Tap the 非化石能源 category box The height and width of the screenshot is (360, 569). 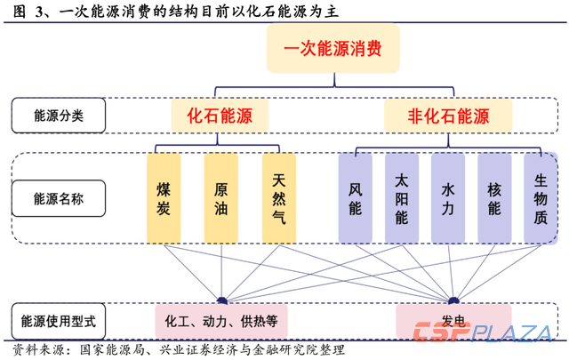pyautogui.click(x=448, y=116)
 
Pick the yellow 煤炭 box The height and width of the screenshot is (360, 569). pyautogui.click(x=164, y=198)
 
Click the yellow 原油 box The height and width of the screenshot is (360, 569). pyautogui.click(x=220, y=198)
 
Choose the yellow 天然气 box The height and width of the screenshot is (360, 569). pyautogui.click(x=278, y=198)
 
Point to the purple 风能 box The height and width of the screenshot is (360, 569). pyautogui.click(x=356, y=198)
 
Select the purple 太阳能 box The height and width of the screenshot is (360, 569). pyautogui.click(x=401, y=198)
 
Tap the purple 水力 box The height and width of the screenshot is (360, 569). pyautogui.click(x=447, y=198)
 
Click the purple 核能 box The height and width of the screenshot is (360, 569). pyautogui.click(x=493, y=198)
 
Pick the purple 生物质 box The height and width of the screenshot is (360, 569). pyautogui.click(x=540, y=198)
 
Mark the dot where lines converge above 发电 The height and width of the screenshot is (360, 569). pyautogui.click(x=453, y=300)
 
